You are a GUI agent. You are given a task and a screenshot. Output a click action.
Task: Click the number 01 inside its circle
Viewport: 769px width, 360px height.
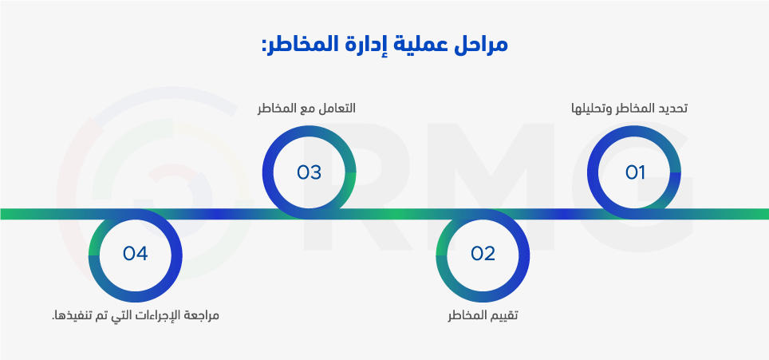tap(635, 172)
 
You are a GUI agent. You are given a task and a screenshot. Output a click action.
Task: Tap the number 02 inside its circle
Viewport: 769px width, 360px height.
tap(483, 254)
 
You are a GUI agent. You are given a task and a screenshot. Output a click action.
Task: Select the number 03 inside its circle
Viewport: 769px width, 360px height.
tap(309, 172)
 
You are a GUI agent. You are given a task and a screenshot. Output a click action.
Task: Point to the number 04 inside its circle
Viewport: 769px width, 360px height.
tap(136, 254)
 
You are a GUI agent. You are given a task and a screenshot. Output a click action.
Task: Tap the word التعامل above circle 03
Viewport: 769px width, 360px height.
tap(338, 108)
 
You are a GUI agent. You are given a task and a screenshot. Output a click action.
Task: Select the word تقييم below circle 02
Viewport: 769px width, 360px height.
tap(504, 316)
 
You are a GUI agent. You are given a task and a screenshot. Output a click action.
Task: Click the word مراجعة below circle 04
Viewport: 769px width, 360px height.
tap(202, 316)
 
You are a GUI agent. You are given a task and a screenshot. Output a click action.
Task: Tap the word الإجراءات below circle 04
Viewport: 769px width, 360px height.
tap(159, 316)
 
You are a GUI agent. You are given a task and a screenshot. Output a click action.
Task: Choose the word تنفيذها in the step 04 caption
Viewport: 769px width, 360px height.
tap(68, 315)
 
